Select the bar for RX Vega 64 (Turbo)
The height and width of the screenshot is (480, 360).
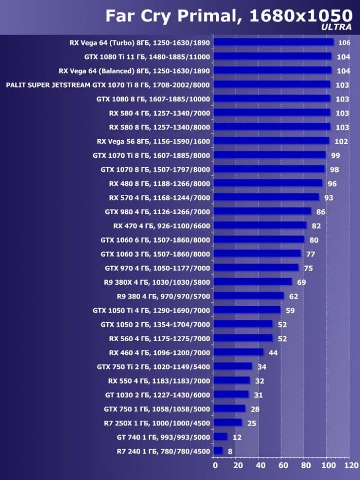coord(273,43)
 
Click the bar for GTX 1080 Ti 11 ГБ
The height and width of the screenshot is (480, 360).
coord(272,57)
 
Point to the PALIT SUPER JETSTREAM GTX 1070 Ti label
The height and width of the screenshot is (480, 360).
coord(108,85)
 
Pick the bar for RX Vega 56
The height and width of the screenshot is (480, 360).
coord(271,141)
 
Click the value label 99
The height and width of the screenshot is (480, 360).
coord(336,155)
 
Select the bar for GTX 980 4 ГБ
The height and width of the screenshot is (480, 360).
coord(262,211)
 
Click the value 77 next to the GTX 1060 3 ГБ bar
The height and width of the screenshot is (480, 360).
coord(311,254)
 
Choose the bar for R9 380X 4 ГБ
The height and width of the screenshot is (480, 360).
coord(252,282)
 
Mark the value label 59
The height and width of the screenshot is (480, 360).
coord(290,310)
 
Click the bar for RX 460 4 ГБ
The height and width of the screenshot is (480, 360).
coord(238,353)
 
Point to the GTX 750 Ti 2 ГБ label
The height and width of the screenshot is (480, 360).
coord(153,367)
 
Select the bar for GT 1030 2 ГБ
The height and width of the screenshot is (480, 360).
coord(231,395)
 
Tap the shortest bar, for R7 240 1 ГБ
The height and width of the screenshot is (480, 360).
coord(218,451)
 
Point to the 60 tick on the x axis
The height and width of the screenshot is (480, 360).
coord(282,465)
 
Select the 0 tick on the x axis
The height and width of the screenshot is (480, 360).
coord(214,465)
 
